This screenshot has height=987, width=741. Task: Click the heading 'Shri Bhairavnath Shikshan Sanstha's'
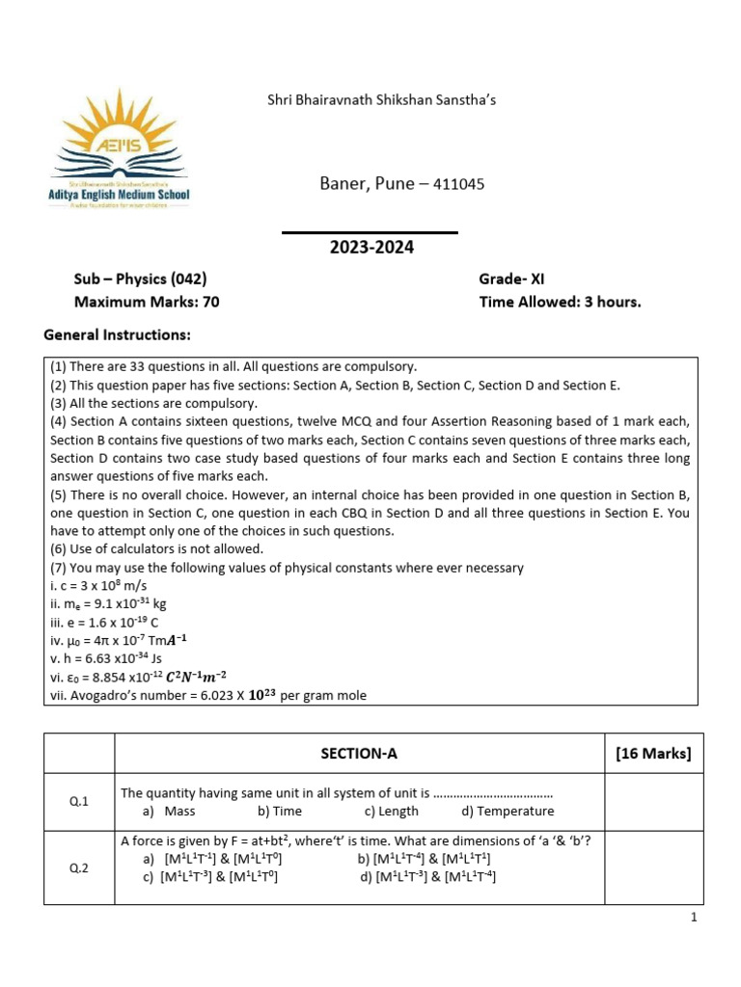(x=381, y=99)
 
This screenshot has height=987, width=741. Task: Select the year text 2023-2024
(x=371, y=248)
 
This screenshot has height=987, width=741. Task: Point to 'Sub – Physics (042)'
(x=141, y=280)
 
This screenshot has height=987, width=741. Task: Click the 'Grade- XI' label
(x=511, y=280)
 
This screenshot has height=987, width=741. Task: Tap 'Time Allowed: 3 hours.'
(x=560, y=302)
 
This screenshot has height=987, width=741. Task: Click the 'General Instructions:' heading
(x=118, y=334)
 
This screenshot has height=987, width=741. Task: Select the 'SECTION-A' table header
(x=359, y=754)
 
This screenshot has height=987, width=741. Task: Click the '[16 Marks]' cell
(x=653, y=754)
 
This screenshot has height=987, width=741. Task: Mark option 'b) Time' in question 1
(x=280, y=812)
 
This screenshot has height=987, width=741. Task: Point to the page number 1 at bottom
(x=693, y=918)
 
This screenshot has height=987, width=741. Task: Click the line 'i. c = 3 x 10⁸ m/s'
(x=96, y=585)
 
